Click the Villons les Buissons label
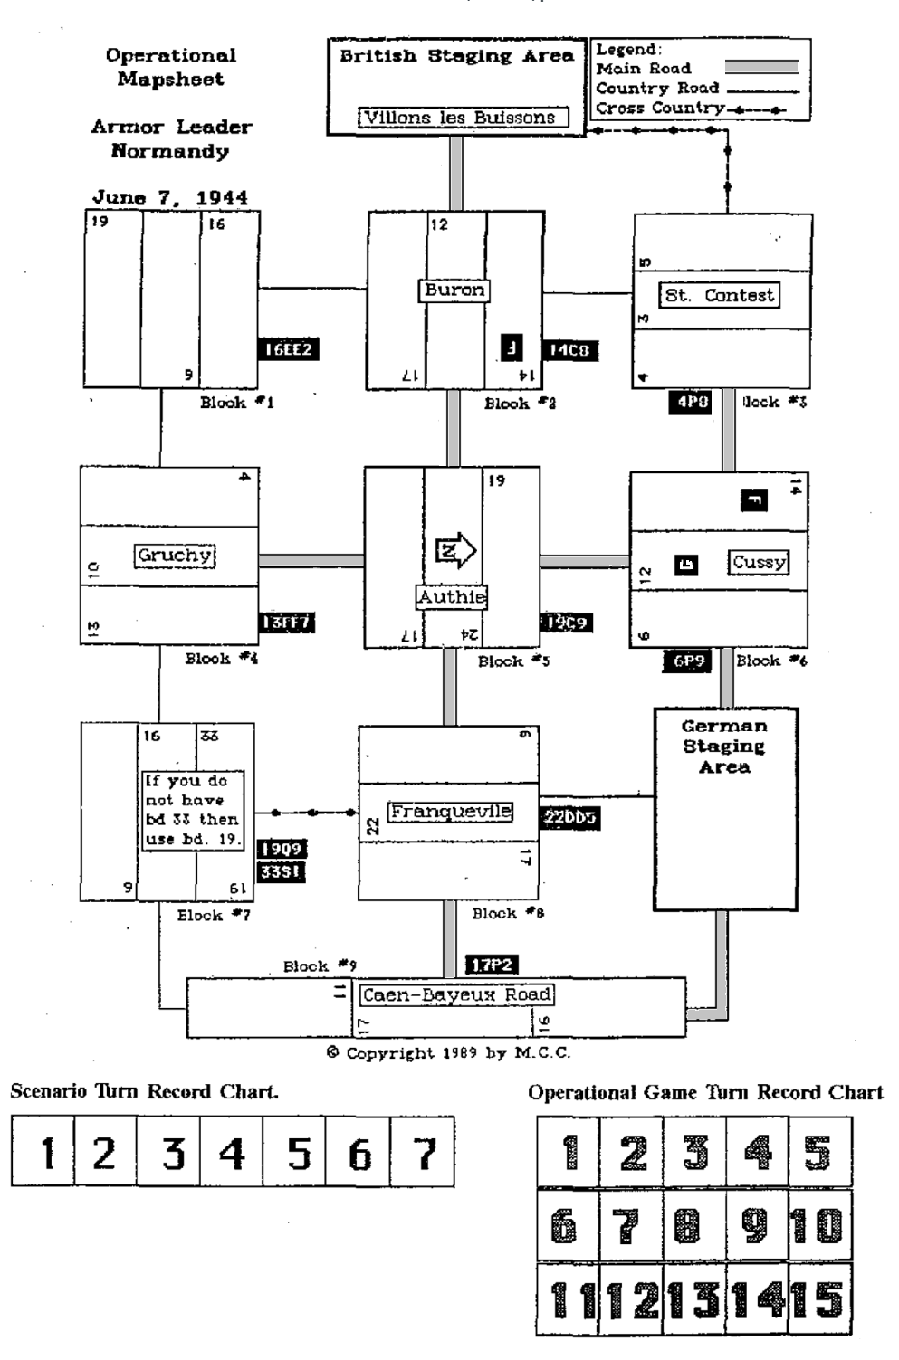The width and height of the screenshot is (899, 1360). [463, 118]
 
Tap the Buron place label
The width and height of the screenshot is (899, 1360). [454, 290]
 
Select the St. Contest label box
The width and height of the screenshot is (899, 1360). [720, 295]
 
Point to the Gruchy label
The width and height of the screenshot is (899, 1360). [175, 556]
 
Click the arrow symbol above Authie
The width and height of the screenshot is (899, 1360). [456, 549]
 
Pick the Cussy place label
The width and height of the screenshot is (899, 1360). [759, 562]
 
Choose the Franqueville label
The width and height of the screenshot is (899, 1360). [451, 812]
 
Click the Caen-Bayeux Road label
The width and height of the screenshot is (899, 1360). [456, 994]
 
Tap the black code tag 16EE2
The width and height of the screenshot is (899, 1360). [289, 349]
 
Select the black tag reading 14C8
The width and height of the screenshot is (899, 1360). [569, 350]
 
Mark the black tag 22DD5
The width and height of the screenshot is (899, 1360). [569, 818]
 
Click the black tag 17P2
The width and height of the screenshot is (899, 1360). [492, 965]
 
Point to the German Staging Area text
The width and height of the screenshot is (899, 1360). [724, 747]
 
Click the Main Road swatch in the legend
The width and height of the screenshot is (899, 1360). [760, 67]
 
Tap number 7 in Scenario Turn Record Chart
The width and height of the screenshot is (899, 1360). [423, 1152]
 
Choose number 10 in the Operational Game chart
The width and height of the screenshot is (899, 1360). [818, 1226]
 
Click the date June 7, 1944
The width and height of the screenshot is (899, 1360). [170, 197]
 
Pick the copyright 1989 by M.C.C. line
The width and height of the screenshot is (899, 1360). [448, 1053]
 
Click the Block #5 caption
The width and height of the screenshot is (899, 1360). [513, 661]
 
